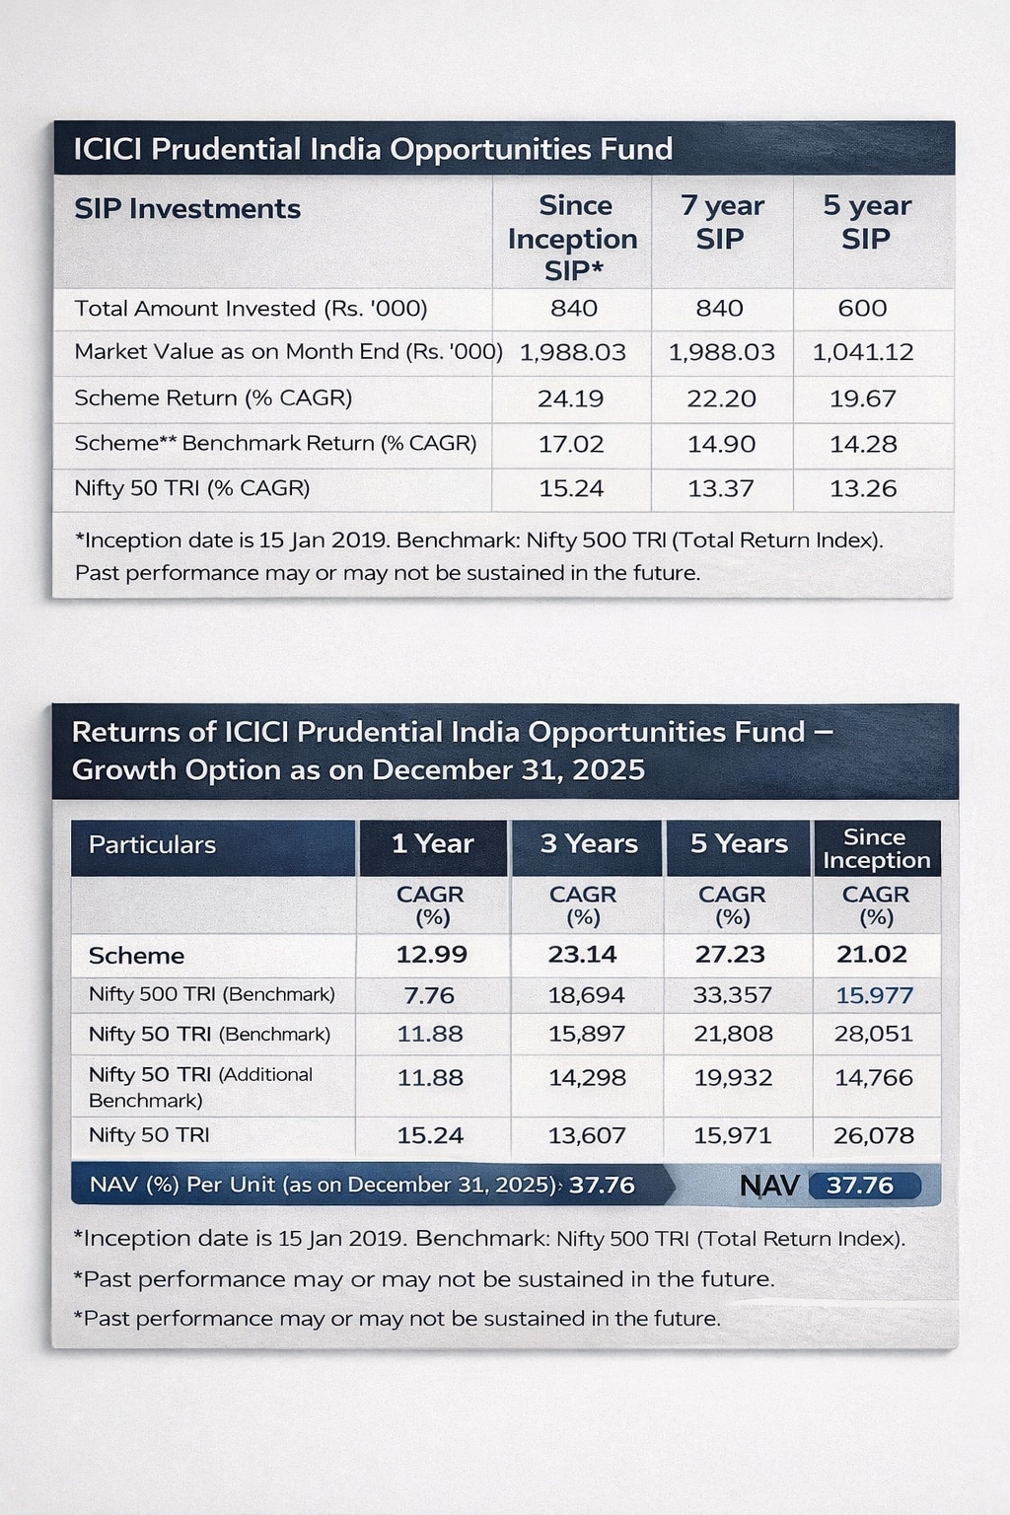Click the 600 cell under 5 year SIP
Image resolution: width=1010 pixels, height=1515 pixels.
(862, 309)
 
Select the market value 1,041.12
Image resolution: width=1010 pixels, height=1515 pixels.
(862, 352)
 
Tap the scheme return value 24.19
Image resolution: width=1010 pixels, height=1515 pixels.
(570, 398)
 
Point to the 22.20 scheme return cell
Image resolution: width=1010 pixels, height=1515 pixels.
(721, 398)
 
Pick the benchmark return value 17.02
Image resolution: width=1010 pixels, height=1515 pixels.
(570, 444)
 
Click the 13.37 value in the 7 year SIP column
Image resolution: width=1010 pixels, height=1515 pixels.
(721, 488)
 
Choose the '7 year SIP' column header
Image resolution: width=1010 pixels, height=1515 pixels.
(721, 222)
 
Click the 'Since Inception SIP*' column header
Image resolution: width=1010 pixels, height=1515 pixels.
(572, 238)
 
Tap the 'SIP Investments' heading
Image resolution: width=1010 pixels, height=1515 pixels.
(187, 209)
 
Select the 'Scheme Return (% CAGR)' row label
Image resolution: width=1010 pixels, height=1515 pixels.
(213, 398)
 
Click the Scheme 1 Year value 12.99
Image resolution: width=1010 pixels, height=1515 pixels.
(431, 955)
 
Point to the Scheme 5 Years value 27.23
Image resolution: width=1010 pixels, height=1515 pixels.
(730, 955)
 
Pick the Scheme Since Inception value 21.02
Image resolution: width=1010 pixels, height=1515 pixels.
(872, 955)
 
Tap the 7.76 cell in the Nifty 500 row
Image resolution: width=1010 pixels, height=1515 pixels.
(429, 995)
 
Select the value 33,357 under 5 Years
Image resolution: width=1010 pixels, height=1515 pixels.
(732, 995)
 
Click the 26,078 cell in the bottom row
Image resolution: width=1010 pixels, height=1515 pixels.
(873, 1135)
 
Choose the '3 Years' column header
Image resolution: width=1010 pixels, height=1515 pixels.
(589, 844)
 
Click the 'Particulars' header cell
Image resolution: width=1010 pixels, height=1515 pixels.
(152, 845)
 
